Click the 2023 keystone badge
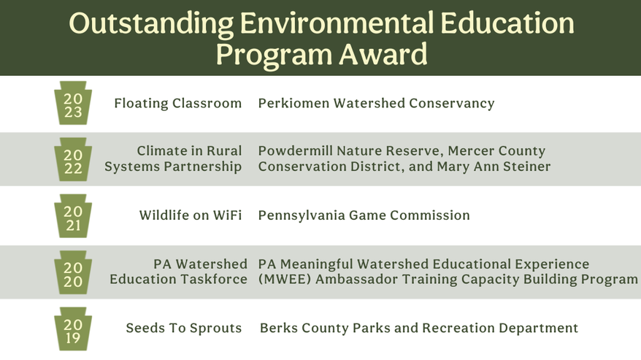(73, 103)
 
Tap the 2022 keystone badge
(73, 159)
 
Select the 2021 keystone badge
(73, 215)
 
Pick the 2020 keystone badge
(73, 272)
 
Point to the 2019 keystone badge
(73, 329)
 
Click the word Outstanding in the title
(151, 24)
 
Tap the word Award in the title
(383, 54)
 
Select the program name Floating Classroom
(178, 103)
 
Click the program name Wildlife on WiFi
(191, 215)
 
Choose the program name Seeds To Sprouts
(184, 328)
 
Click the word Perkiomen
(294, 103)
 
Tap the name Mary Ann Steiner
(494, 166)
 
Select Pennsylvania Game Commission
(364, 215)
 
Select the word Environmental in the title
(337, 23)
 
